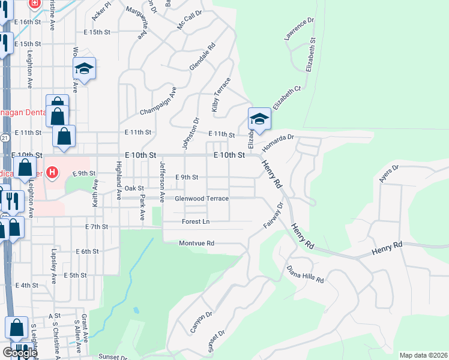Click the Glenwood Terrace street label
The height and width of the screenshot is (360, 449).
pyautogui.click(x=202, y=199)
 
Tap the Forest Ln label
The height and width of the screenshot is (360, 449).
pyautogui.click(x=196, y=221)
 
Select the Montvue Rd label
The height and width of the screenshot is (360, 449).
pyautogui.click(x=197, y=243)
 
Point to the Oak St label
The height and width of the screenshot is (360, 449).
pyautogui.click(x=134, y=188)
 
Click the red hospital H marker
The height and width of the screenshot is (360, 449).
pyautogui.click(x=52, y=173)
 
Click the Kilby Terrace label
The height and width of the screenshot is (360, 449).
pyautogui.click(x=220, y=95)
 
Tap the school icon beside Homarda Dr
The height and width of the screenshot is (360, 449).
pyautogui.click(x=259, y=118)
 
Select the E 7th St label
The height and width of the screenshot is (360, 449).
pyautogui.click(x=96, y=227)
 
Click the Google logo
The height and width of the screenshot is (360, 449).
pyautogui.click(x=20, y=353)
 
